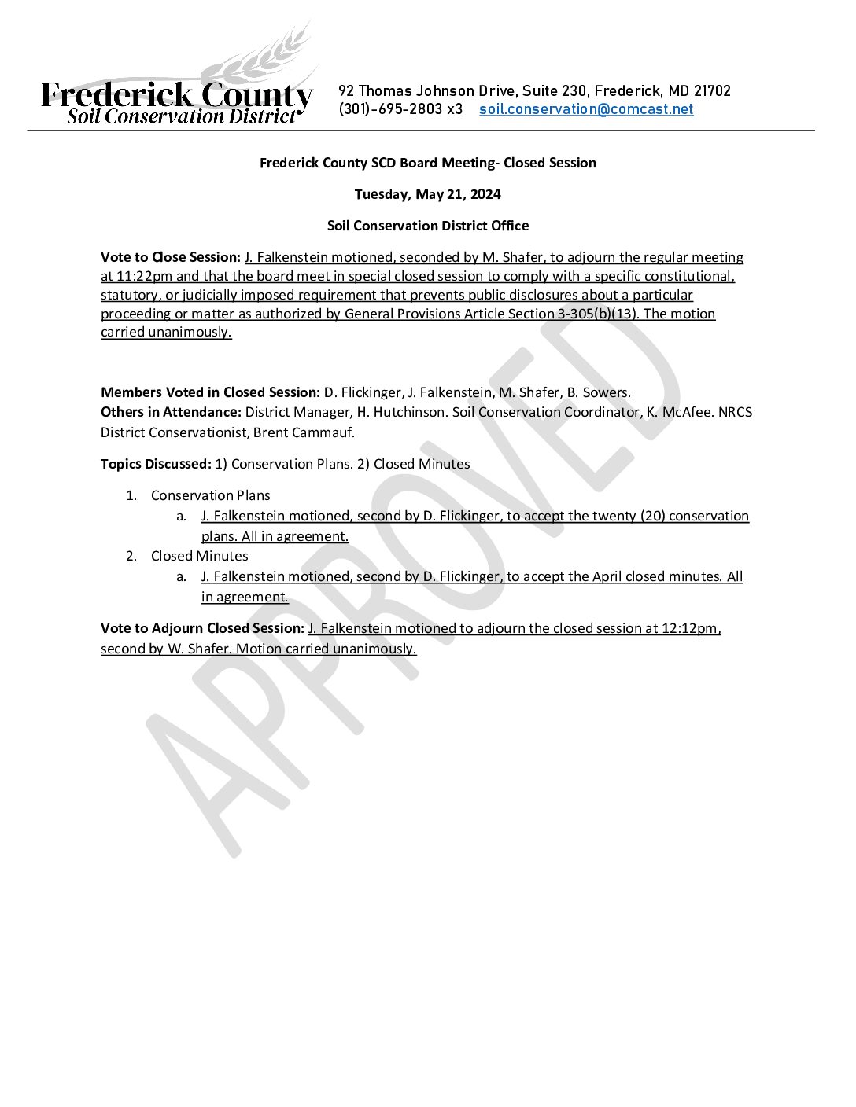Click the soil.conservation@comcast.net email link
[586, 109]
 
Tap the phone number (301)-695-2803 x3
[400, 109]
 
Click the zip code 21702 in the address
[712, 91]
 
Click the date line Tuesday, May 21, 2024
[427, 194]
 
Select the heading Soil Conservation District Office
[427, 226]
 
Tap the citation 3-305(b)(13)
[597, 314]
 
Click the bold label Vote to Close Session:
[170, 257]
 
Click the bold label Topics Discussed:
[156, 464]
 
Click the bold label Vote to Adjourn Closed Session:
[202, 628]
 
